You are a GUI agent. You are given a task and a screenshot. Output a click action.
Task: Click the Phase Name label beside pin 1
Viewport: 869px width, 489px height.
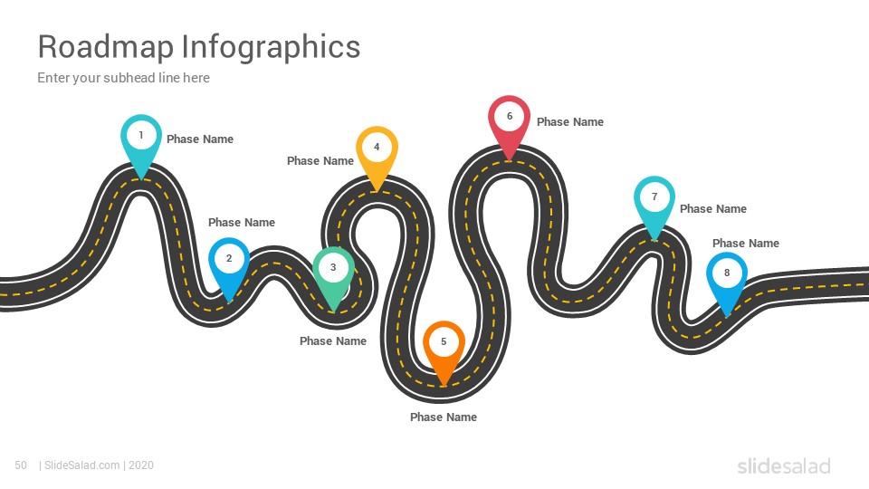(x=200, y=139)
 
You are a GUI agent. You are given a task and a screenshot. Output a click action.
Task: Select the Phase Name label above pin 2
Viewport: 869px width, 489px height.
(x=242, y=223)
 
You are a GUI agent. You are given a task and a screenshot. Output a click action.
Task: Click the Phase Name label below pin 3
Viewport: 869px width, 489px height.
(x=333, y=341)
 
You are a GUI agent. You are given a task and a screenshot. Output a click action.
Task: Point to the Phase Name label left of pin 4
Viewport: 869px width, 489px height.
(x=320, y=161)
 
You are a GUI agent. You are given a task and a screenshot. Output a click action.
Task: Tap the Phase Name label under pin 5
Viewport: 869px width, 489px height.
(x=444, y=417)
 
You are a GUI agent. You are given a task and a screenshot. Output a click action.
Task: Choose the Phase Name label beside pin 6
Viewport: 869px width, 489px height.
(x=570, y=122)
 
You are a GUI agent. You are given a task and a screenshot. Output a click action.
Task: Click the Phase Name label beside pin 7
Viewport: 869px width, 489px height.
(x=713, y=209)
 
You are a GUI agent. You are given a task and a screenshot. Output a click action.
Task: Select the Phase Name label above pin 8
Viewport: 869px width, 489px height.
(x=746, y=244)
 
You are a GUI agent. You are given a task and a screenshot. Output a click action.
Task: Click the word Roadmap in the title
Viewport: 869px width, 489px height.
(x=106, y=46)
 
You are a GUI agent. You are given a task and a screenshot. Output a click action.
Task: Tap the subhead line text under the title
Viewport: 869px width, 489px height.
(x=124, y=78)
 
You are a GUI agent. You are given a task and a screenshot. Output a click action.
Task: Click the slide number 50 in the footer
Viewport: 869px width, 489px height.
(x=21, y=465)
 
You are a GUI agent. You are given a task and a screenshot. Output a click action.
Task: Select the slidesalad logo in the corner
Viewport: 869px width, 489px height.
(x=784, y=465)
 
